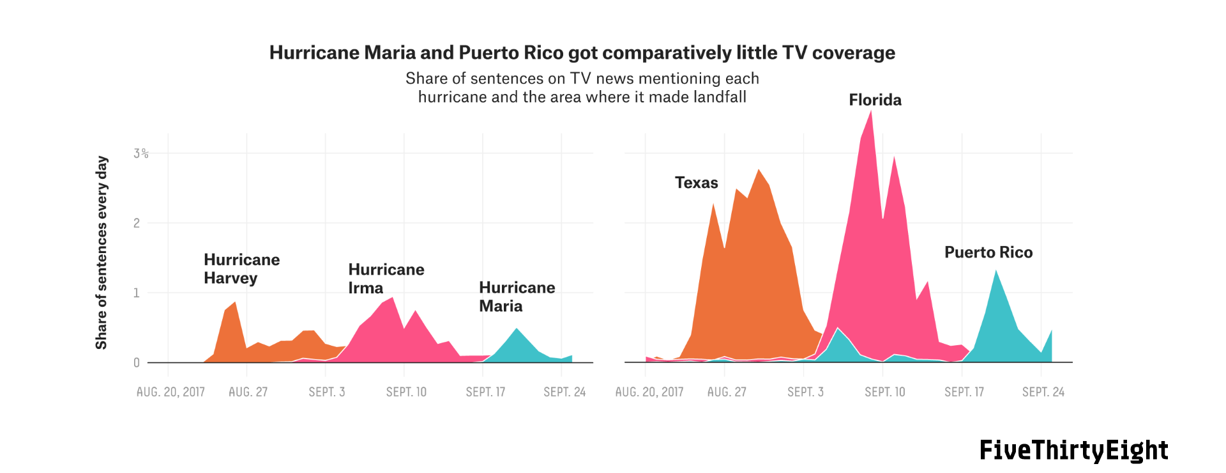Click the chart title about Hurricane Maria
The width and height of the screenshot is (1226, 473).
point(582,52)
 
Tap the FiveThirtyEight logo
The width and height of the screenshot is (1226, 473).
point(1074,450)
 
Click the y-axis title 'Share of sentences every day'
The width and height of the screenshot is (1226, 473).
point(101,252)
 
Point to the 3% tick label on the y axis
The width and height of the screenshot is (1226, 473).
point(141,153)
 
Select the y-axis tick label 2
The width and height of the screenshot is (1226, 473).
point(137,223)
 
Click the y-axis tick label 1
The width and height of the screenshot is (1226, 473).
point(137,293)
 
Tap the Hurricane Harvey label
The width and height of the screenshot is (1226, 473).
point(242,269)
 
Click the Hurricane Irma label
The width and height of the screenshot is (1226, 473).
point(386,279)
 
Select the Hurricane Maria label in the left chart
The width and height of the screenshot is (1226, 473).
point(517,297)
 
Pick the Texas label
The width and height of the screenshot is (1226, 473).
point(697,183)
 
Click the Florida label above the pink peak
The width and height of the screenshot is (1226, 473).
point(875,100)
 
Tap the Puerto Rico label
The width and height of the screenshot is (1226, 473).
point(988,252)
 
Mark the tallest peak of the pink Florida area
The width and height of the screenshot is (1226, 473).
point(872,111)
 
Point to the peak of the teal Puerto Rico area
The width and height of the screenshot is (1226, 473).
point(996,270)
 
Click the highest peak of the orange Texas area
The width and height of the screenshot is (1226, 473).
point(759,169)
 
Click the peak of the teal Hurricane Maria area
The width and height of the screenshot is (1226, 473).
point(517,329)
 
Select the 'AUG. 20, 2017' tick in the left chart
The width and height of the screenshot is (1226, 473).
point(170,392)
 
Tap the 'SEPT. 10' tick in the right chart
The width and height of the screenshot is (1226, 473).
point(885,392)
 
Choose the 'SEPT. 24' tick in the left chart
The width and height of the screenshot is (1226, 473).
point(564,392)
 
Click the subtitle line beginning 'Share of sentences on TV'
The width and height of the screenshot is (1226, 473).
point(582,79)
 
